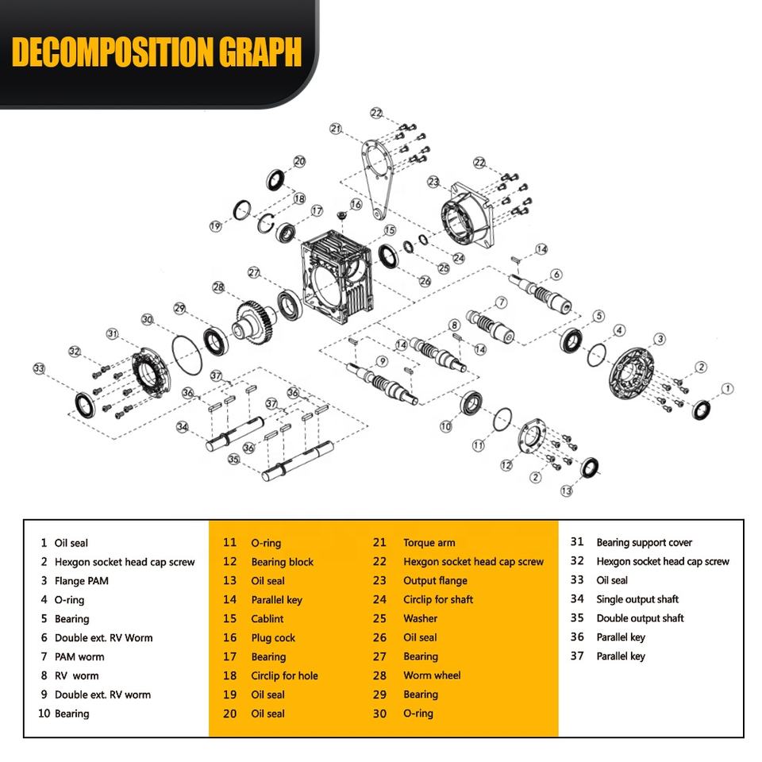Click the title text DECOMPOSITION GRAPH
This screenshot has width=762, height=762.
(157, 52)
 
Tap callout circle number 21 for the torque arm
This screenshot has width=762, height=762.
(336, 129)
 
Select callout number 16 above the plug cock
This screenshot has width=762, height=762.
(356, 204)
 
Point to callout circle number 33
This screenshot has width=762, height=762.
(38, 368)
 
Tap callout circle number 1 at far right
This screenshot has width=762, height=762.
(727, 388)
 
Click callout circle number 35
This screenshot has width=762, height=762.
(233, 459)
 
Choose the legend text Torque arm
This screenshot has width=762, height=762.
(429, 543)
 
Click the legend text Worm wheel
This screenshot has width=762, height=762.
(431, 675)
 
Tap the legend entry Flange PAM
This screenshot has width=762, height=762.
(81, 581)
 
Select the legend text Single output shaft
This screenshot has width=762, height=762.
(637, 599)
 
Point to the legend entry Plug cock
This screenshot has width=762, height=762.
(273, 637)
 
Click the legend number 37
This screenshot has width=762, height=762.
(577, 656)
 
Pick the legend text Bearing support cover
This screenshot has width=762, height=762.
(644, 543)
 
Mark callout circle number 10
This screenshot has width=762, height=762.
(445, 426)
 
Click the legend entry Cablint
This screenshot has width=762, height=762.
(267, 619)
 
